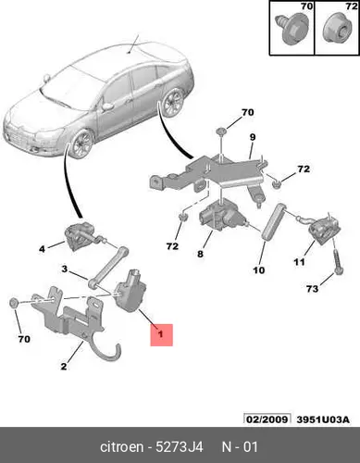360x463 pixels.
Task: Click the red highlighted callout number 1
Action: tap(161, 335)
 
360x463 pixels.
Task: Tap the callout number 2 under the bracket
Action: tap(64, 367)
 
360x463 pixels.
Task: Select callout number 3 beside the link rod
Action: tap(64, 269)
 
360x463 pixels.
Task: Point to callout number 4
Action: tap(42, 248)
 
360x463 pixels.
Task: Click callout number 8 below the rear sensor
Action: tap(200, 254)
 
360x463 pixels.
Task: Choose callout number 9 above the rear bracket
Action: tap(253, 137)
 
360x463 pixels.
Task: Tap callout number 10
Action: tap(259, 270)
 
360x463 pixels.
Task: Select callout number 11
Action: tap(299, 262)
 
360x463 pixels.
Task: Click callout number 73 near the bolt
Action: tap(312, 289)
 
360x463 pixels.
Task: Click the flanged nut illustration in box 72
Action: tap(335, 31)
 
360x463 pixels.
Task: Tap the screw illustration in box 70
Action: tap(292, 27)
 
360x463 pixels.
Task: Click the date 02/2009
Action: tap(267, 419)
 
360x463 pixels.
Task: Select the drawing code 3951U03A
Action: tap(323, 419)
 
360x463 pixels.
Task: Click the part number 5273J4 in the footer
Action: tap(180, 447)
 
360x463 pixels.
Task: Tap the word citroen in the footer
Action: tap(122, 447)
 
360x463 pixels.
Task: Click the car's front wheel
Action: tap(81, 144)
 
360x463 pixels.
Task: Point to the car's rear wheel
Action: tap(173, 102)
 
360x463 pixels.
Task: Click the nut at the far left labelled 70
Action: tap(13, 303)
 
